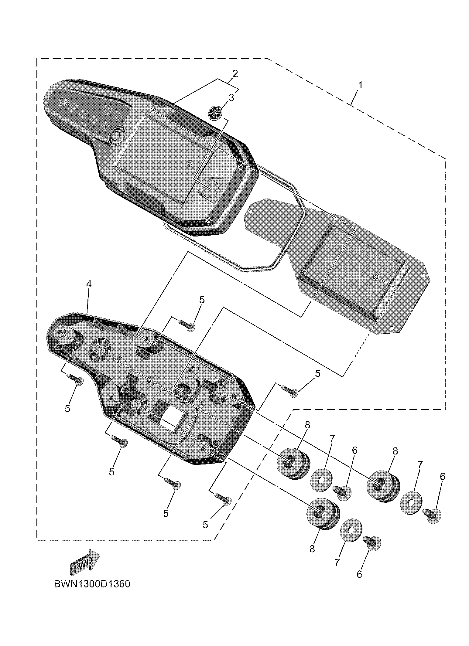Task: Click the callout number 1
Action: (x=360, y=85)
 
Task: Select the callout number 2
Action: (x=235, y=73)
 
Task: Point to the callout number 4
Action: (x=89, y=284)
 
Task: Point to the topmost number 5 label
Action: (x=202, y=300)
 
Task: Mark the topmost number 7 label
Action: (x=332, y=439)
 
